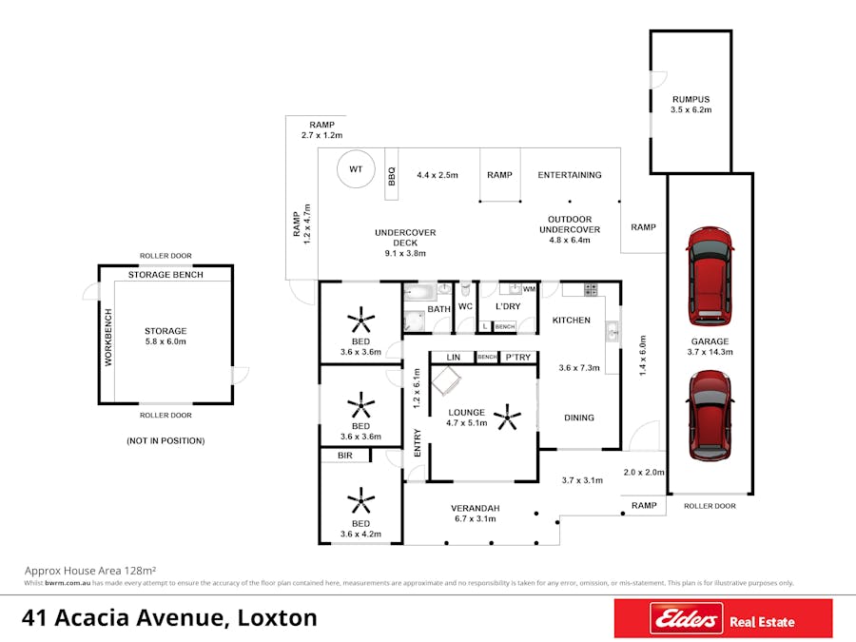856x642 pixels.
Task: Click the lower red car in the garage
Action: point(710,415)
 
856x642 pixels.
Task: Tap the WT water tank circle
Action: point(356,169)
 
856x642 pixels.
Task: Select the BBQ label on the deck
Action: point(391,176)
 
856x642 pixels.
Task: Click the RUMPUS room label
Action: point(691,99)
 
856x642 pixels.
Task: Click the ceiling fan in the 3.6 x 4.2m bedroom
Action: point(360,498)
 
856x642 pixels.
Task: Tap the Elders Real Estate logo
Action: point(723,619)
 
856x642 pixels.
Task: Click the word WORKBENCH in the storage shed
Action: point(108,338)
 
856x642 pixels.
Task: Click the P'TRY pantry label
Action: point(518,357)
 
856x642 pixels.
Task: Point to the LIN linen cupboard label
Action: point(454,357)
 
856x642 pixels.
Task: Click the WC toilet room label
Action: point(465,307)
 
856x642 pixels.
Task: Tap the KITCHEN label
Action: point(572,321)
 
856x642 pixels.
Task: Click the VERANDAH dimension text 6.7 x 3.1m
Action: point(475,520)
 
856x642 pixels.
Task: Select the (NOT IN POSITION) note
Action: point(165,441)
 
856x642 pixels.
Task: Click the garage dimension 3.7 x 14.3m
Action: point(710,354)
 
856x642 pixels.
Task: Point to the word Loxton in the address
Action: point(274,617)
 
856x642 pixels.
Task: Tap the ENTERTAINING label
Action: point(569,175)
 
